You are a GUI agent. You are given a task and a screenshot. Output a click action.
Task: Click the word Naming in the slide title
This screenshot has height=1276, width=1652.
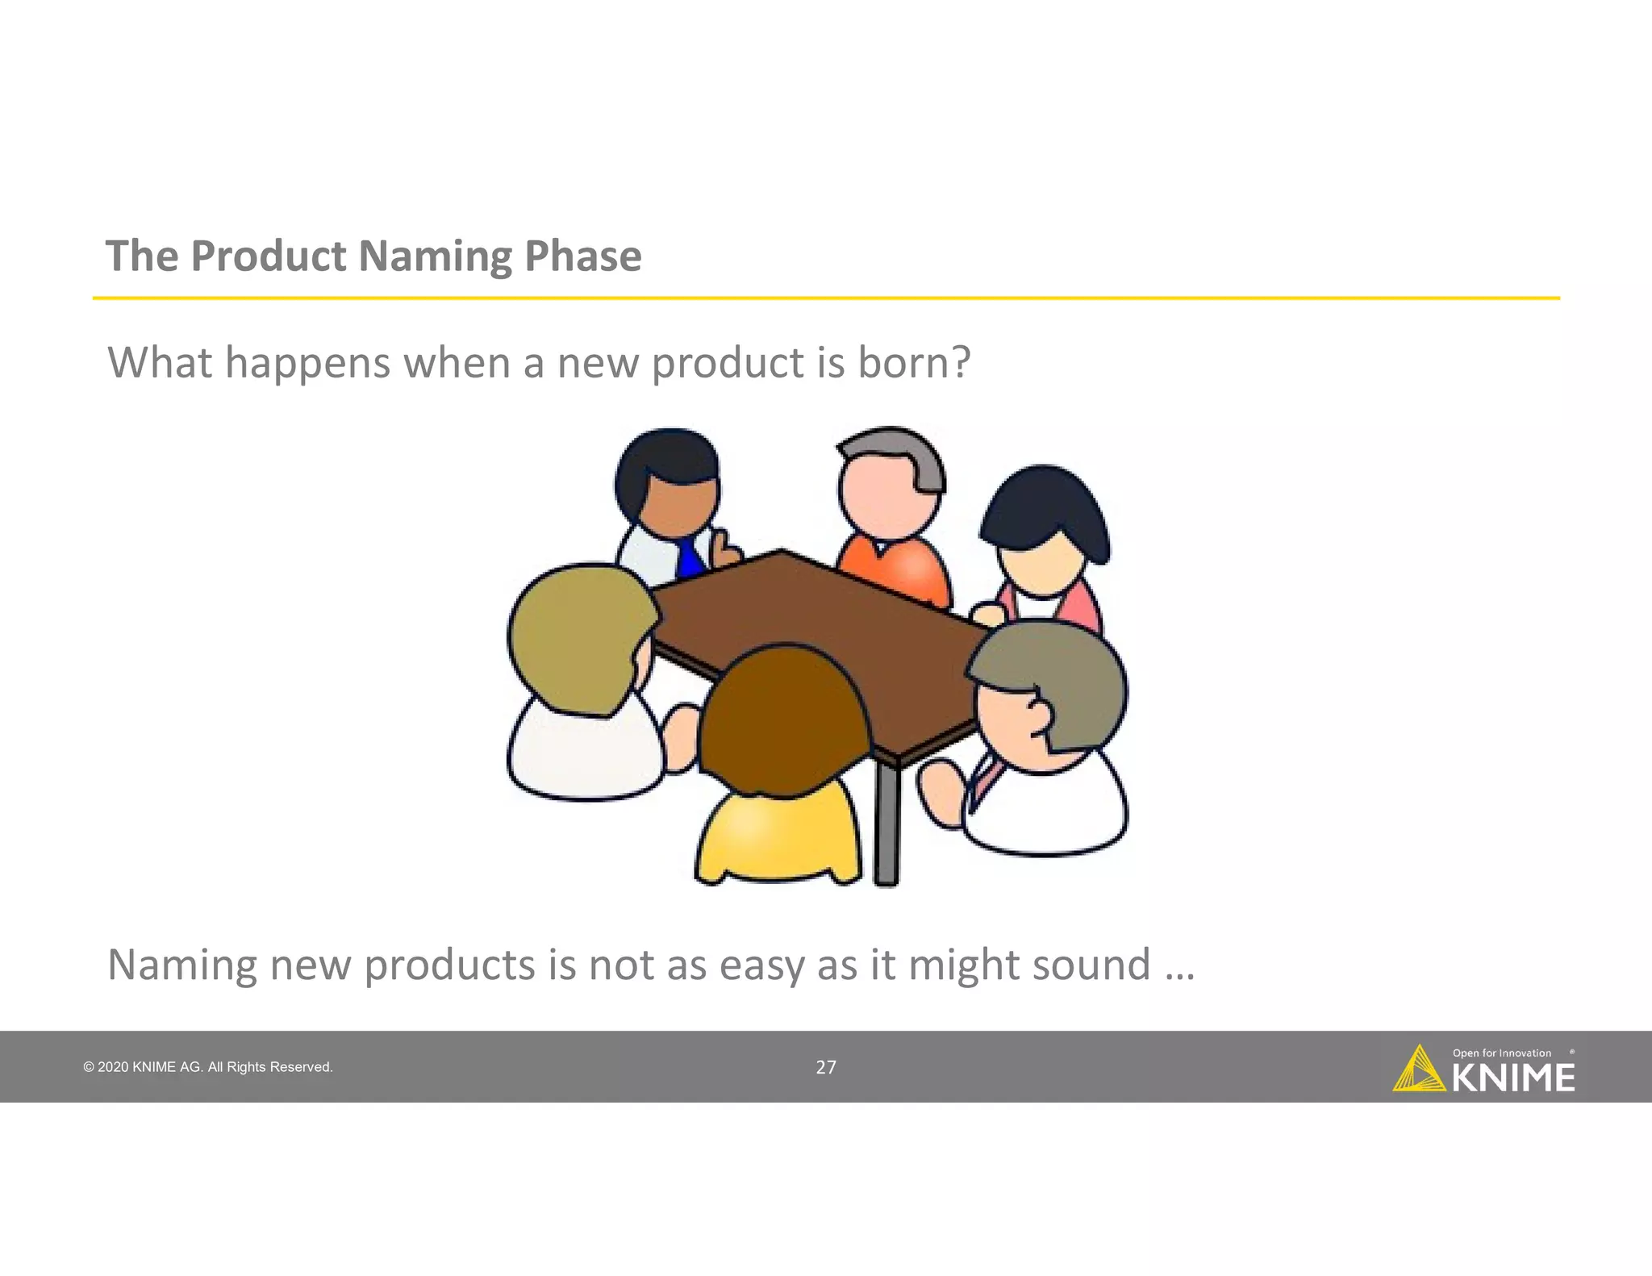point(434,257)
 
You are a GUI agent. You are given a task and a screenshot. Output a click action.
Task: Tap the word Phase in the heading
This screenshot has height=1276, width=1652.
point(582,256)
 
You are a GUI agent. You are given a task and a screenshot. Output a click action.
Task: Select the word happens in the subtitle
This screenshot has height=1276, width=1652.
point(307,364)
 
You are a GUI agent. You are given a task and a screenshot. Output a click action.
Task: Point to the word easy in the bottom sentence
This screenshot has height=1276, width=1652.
point(761,965)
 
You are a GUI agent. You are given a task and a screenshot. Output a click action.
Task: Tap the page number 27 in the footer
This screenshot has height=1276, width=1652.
point(826,1068)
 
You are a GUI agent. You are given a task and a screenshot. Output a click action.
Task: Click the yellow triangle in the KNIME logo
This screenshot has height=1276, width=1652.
point(1417,1071)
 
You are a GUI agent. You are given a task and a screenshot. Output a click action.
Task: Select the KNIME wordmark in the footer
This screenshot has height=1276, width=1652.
point(1513,1078)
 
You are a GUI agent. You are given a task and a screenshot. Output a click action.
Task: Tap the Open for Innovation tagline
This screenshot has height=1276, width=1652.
point(1501,1053)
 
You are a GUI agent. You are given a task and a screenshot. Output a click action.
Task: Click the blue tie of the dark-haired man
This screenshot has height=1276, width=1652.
point(689,557)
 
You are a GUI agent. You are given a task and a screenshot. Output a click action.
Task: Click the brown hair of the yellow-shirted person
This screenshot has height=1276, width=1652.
point(782,710)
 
